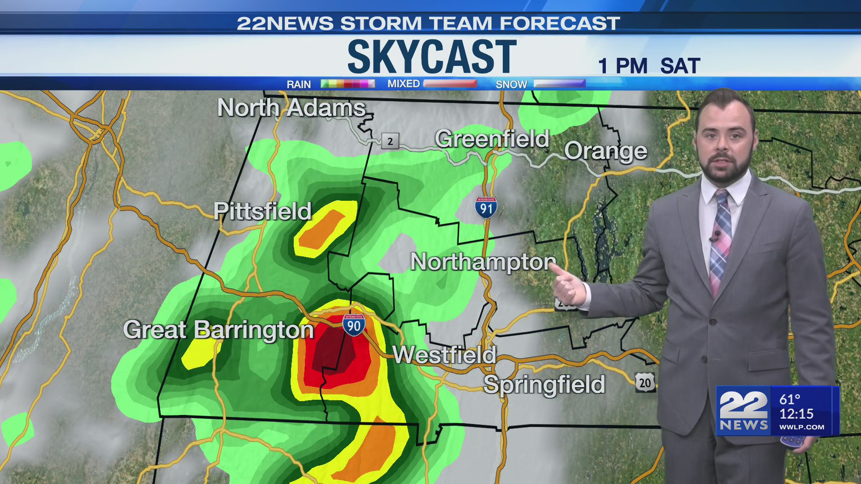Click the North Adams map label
pos(291,108)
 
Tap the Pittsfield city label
pos(262,211)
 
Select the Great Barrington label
pos(218,330)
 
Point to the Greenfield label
pos(492,139)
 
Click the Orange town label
pos(605,151)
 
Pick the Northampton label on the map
pos(483,262)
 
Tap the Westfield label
pos(444,355)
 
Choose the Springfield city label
pos(544,385)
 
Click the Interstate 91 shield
pos(486,207)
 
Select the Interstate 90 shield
pos(354,325)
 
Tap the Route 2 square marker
pos(390,141)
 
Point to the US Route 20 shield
pos(645,383)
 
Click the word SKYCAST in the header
pos(432,57)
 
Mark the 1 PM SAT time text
pos(649,66)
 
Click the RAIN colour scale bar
pos(348,84)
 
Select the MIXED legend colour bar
pos(450,84)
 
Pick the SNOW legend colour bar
pos(559,84)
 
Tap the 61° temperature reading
pos(790,399)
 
